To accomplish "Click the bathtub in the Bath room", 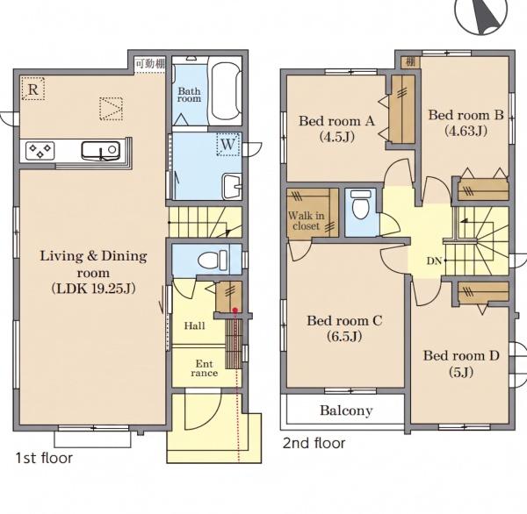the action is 227,90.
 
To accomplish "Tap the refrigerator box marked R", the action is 33,89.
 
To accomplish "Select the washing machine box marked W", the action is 227,145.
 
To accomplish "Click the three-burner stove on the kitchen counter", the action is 40,150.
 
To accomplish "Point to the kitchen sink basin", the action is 101,150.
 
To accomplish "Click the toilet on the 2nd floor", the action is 361,204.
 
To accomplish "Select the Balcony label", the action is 346,410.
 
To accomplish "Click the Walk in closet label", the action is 307,220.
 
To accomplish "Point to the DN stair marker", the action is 434,261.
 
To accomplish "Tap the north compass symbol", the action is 481,15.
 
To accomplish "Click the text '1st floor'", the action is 44,458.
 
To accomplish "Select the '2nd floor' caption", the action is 314,443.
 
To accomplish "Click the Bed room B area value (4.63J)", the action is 466,131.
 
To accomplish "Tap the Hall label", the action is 195,325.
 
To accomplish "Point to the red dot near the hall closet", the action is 235,310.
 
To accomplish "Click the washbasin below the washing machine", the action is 232,186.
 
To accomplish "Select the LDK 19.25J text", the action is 94,289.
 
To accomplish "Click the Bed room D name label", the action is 461,355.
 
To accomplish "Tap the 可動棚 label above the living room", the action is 150,63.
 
